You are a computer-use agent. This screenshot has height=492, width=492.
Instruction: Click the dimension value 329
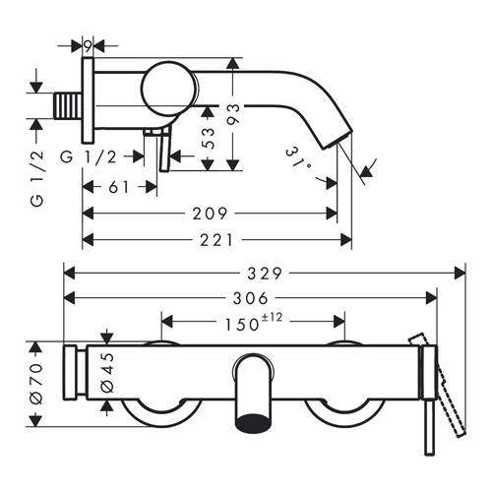265,274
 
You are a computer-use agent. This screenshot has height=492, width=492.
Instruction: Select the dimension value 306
251,298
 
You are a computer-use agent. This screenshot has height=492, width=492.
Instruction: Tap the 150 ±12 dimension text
253,323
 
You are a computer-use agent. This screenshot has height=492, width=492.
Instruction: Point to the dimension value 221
216,240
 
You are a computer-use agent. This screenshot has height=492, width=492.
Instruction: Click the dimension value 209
210,214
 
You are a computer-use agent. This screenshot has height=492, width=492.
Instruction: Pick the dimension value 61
119,187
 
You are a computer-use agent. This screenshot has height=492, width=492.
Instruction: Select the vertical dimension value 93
233,114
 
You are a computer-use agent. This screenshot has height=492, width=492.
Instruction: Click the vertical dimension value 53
208,139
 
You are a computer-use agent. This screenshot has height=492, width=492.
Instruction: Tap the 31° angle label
299,159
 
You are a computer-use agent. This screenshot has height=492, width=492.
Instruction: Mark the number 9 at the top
88,47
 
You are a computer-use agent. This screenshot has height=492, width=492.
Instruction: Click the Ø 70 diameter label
36,383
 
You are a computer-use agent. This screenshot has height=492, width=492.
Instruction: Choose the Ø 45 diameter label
107,372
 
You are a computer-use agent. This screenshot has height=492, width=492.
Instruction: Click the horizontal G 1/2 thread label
89,157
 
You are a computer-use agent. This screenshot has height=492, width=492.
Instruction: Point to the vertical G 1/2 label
36,178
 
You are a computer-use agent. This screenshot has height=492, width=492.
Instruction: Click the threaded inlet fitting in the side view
67,105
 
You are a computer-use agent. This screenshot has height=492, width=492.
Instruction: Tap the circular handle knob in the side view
168,89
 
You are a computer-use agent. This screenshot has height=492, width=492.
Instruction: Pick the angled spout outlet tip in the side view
337,140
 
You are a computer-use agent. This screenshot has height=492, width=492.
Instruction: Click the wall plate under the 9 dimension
88,100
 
